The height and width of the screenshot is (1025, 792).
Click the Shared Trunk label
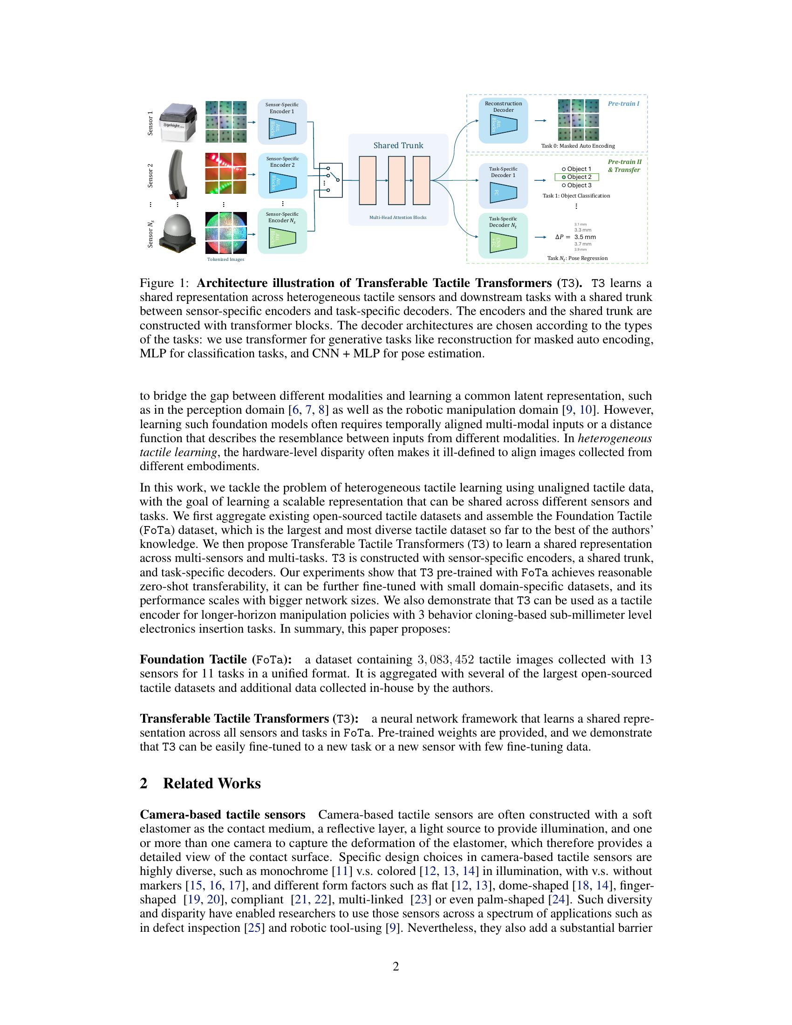[398, 145]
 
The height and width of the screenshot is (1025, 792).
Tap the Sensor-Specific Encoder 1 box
[282, 122]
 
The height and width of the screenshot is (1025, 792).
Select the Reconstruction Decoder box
[503, 121]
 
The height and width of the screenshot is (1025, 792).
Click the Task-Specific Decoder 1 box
[503, 186]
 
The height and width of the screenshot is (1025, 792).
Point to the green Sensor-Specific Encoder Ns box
[282, 232]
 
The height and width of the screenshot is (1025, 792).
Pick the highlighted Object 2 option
[577, 177]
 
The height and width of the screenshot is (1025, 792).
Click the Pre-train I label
[623, 104]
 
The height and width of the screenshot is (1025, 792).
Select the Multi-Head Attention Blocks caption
[397, 217]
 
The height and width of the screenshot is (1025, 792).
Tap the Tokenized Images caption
[225, 259]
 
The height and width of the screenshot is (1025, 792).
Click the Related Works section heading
[212, 783]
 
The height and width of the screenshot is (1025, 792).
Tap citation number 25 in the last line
[253, 928]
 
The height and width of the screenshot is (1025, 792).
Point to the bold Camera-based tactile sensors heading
[222, 815]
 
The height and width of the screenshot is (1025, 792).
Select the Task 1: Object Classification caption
[576, 196]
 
